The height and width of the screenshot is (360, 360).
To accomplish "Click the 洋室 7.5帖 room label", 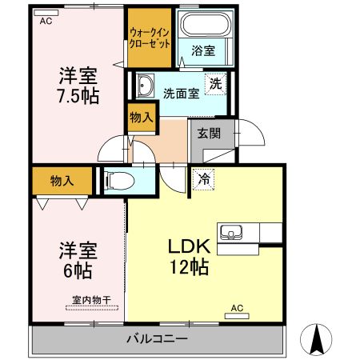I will (78, 86).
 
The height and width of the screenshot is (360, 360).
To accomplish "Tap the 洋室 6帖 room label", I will (78, 260).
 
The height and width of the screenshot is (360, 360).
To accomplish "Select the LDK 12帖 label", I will (188, 257).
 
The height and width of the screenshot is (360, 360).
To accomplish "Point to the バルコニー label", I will (157, 338).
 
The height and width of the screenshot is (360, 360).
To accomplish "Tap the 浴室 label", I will (202, 51).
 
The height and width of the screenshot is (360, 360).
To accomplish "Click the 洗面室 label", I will (181, 91).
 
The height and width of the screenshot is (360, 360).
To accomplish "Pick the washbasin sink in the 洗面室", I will (146, 85).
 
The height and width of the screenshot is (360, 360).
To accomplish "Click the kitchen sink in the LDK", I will (232, 233).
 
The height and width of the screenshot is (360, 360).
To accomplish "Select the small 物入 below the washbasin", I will (141, 118).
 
